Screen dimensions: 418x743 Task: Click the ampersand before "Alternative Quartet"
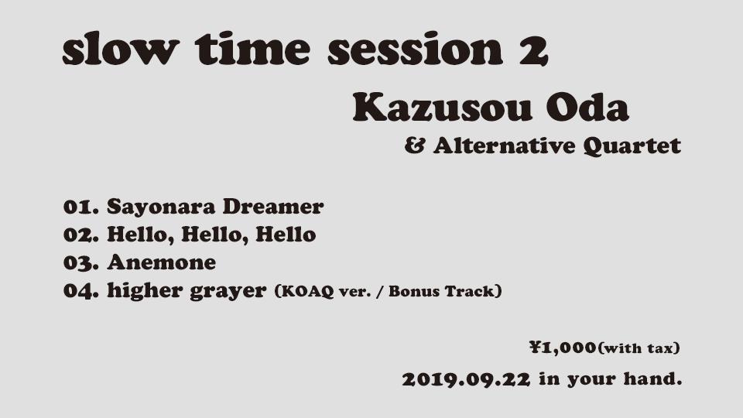(415, 146)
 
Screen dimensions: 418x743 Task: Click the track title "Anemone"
(161, 262)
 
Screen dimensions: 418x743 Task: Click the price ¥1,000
(563, 348)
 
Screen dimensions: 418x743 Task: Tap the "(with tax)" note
(639, 348)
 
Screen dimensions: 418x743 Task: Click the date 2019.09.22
(466, 380)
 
